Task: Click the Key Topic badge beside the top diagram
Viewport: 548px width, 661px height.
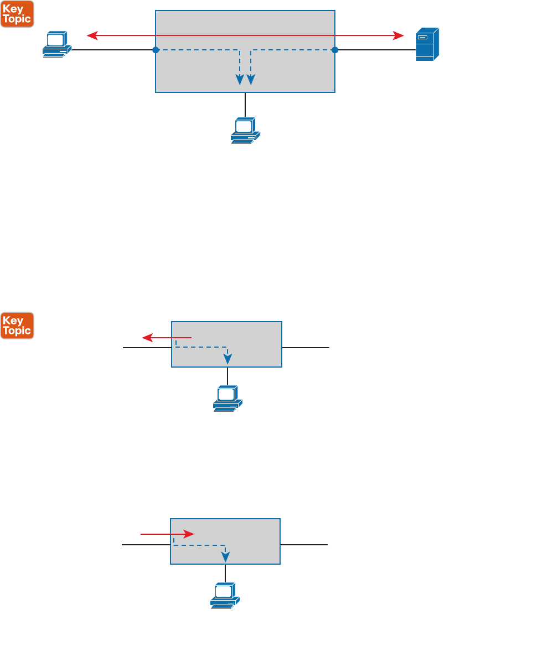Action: pyautogui.click(x=17, y=14)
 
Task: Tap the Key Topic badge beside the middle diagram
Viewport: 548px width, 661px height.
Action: pyautogui.click(x=17, y=326)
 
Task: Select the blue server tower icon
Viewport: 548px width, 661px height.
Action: pyautogui.click(x=427, y=44)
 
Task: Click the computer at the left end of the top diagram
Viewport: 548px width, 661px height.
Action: pyautogui.click(x=56, y=44)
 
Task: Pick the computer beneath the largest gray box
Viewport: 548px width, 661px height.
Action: pyautogui.click(x=245, y=131)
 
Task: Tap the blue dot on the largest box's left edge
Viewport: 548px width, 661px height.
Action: pyautogui.click(x=156, y=50)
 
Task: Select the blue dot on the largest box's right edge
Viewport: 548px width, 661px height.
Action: pyautogui.click(x=335, y=50)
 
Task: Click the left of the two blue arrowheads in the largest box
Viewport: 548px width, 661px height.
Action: pyautogui.click(x=240, y=79)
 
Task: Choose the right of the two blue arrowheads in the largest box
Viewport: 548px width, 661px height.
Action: pyautogui.click(x=251, y=79)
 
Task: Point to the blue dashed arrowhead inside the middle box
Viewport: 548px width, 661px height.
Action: pyautogui.click(x=228, y=359)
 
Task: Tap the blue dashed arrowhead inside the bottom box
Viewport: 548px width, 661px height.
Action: pyautogui.click(x=225, y=556)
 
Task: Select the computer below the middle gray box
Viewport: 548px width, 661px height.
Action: pyautogui.click(x=228, y=399)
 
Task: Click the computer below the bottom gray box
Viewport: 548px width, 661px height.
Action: pyautogui.click(x=225, y=596)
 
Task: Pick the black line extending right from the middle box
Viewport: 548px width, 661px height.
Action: pyautogui.click(x=306, y=348)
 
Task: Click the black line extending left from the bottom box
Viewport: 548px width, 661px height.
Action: pyautogui.click(x=146, y=545)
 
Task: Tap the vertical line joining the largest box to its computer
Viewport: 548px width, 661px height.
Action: pyautogui.click(x=245, y=105)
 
